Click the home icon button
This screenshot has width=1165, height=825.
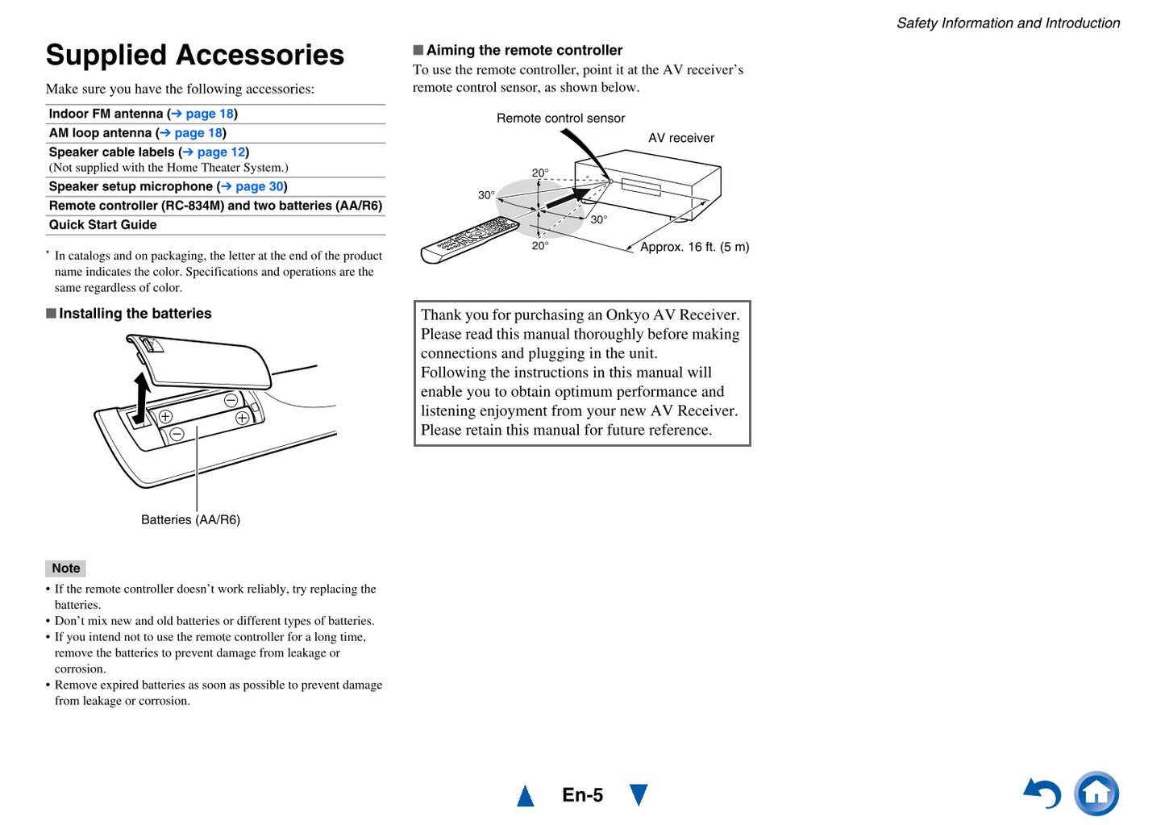pos(1096,794)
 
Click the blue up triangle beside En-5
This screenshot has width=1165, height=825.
pos(526,796)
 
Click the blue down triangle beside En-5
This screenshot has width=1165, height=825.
pos(639,794)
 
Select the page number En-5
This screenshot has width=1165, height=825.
pos(582,795)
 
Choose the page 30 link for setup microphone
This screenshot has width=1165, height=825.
pos(259,186)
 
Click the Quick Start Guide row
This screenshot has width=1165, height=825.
pos(103,225)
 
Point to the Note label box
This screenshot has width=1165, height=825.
pos(65,568)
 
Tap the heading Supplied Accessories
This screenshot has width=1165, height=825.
pos(195,55)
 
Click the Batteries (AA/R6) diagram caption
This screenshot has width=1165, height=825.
pos(190,519)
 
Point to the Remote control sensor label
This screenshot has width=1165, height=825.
pos(560,119)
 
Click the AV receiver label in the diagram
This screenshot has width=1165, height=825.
pos(681,138)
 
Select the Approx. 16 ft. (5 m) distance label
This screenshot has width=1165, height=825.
pos(694,247)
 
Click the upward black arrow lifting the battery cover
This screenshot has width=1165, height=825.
pos(142,397)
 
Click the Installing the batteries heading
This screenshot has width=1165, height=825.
pos(135,314)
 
